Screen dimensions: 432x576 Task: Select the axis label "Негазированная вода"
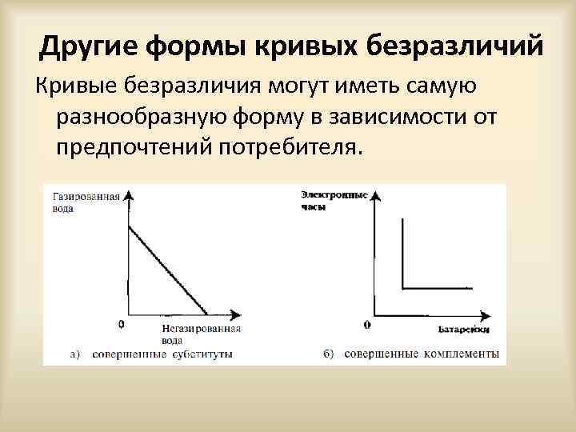(200, 334)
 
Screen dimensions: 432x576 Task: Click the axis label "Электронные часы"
(334, 199)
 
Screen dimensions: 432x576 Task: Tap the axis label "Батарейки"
(464, 329)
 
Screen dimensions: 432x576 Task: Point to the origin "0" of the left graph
(121, 323)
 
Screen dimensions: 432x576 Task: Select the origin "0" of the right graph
(366, 325)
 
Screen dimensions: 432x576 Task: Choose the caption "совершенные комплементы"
(422, 354)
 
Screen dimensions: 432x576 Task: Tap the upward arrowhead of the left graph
(129, 194)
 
